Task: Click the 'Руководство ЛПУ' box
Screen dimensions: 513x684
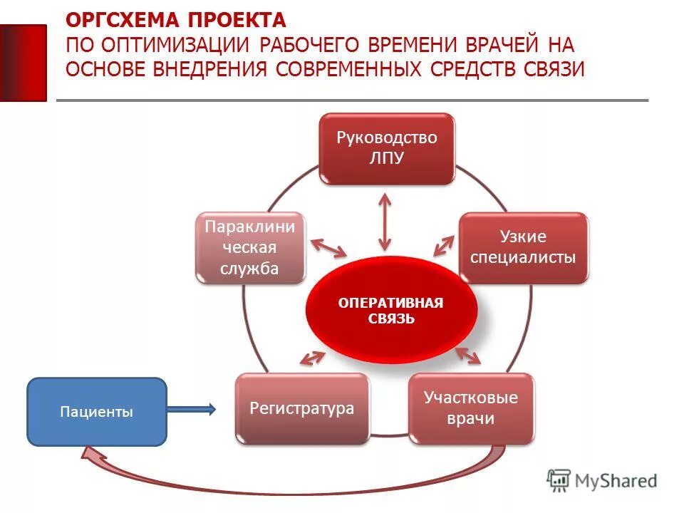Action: click(x=386, y=148)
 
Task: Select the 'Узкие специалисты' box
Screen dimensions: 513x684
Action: click(x=523, y=247)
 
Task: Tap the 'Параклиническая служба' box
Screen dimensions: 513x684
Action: click(x=250, y=247)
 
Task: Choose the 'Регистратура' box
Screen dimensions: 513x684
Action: click(x=302, y=408)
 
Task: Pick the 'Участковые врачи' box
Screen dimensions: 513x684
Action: click(x=471, y=408)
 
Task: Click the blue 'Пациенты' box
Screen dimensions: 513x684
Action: click(x=96, y=411)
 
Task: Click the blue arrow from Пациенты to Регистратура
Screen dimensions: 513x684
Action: click(x=191, y=408)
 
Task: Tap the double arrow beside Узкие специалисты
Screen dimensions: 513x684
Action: click(x=443, y=245)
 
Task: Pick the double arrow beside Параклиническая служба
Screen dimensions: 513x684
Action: click(x=328, y=247)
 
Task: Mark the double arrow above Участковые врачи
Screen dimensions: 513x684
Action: click(x=467, y=356)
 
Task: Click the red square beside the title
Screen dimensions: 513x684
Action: click(x=23, y=63)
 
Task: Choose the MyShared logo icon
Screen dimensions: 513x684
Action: click(x=559, y=480)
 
